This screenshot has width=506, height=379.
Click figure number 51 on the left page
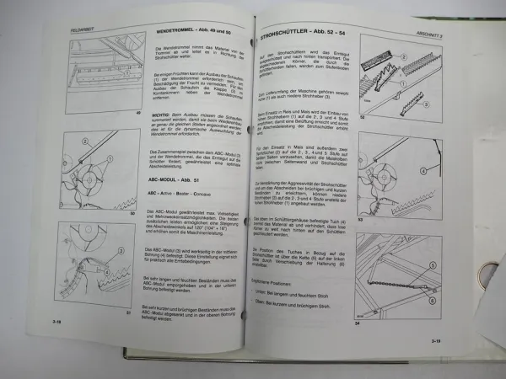click(129, 311)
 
